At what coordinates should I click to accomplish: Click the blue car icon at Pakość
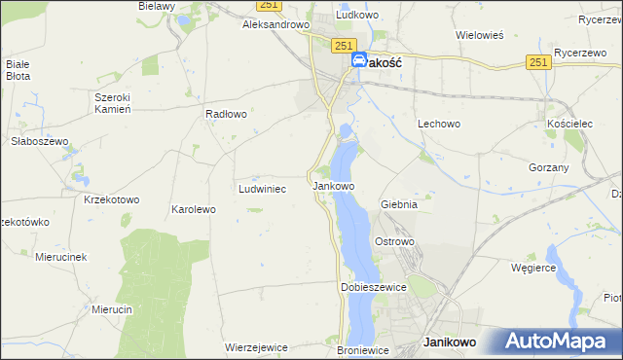pos(359,60)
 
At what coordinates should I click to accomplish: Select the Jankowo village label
pos(332,185)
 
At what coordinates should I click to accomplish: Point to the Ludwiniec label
pos(262,189)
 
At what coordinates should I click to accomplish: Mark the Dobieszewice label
pos(372,288)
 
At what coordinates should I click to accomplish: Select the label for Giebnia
pos(399,204)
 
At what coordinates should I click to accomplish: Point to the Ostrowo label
pos(395,240)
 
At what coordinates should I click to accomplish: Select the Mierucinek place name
pos(61,257)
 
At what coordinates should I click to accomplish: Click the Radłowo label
pos(226,114)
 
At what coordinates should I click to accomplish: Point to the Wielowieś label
pos(479,35)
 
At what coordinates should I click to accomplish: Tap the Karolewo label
pos(193,209)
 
